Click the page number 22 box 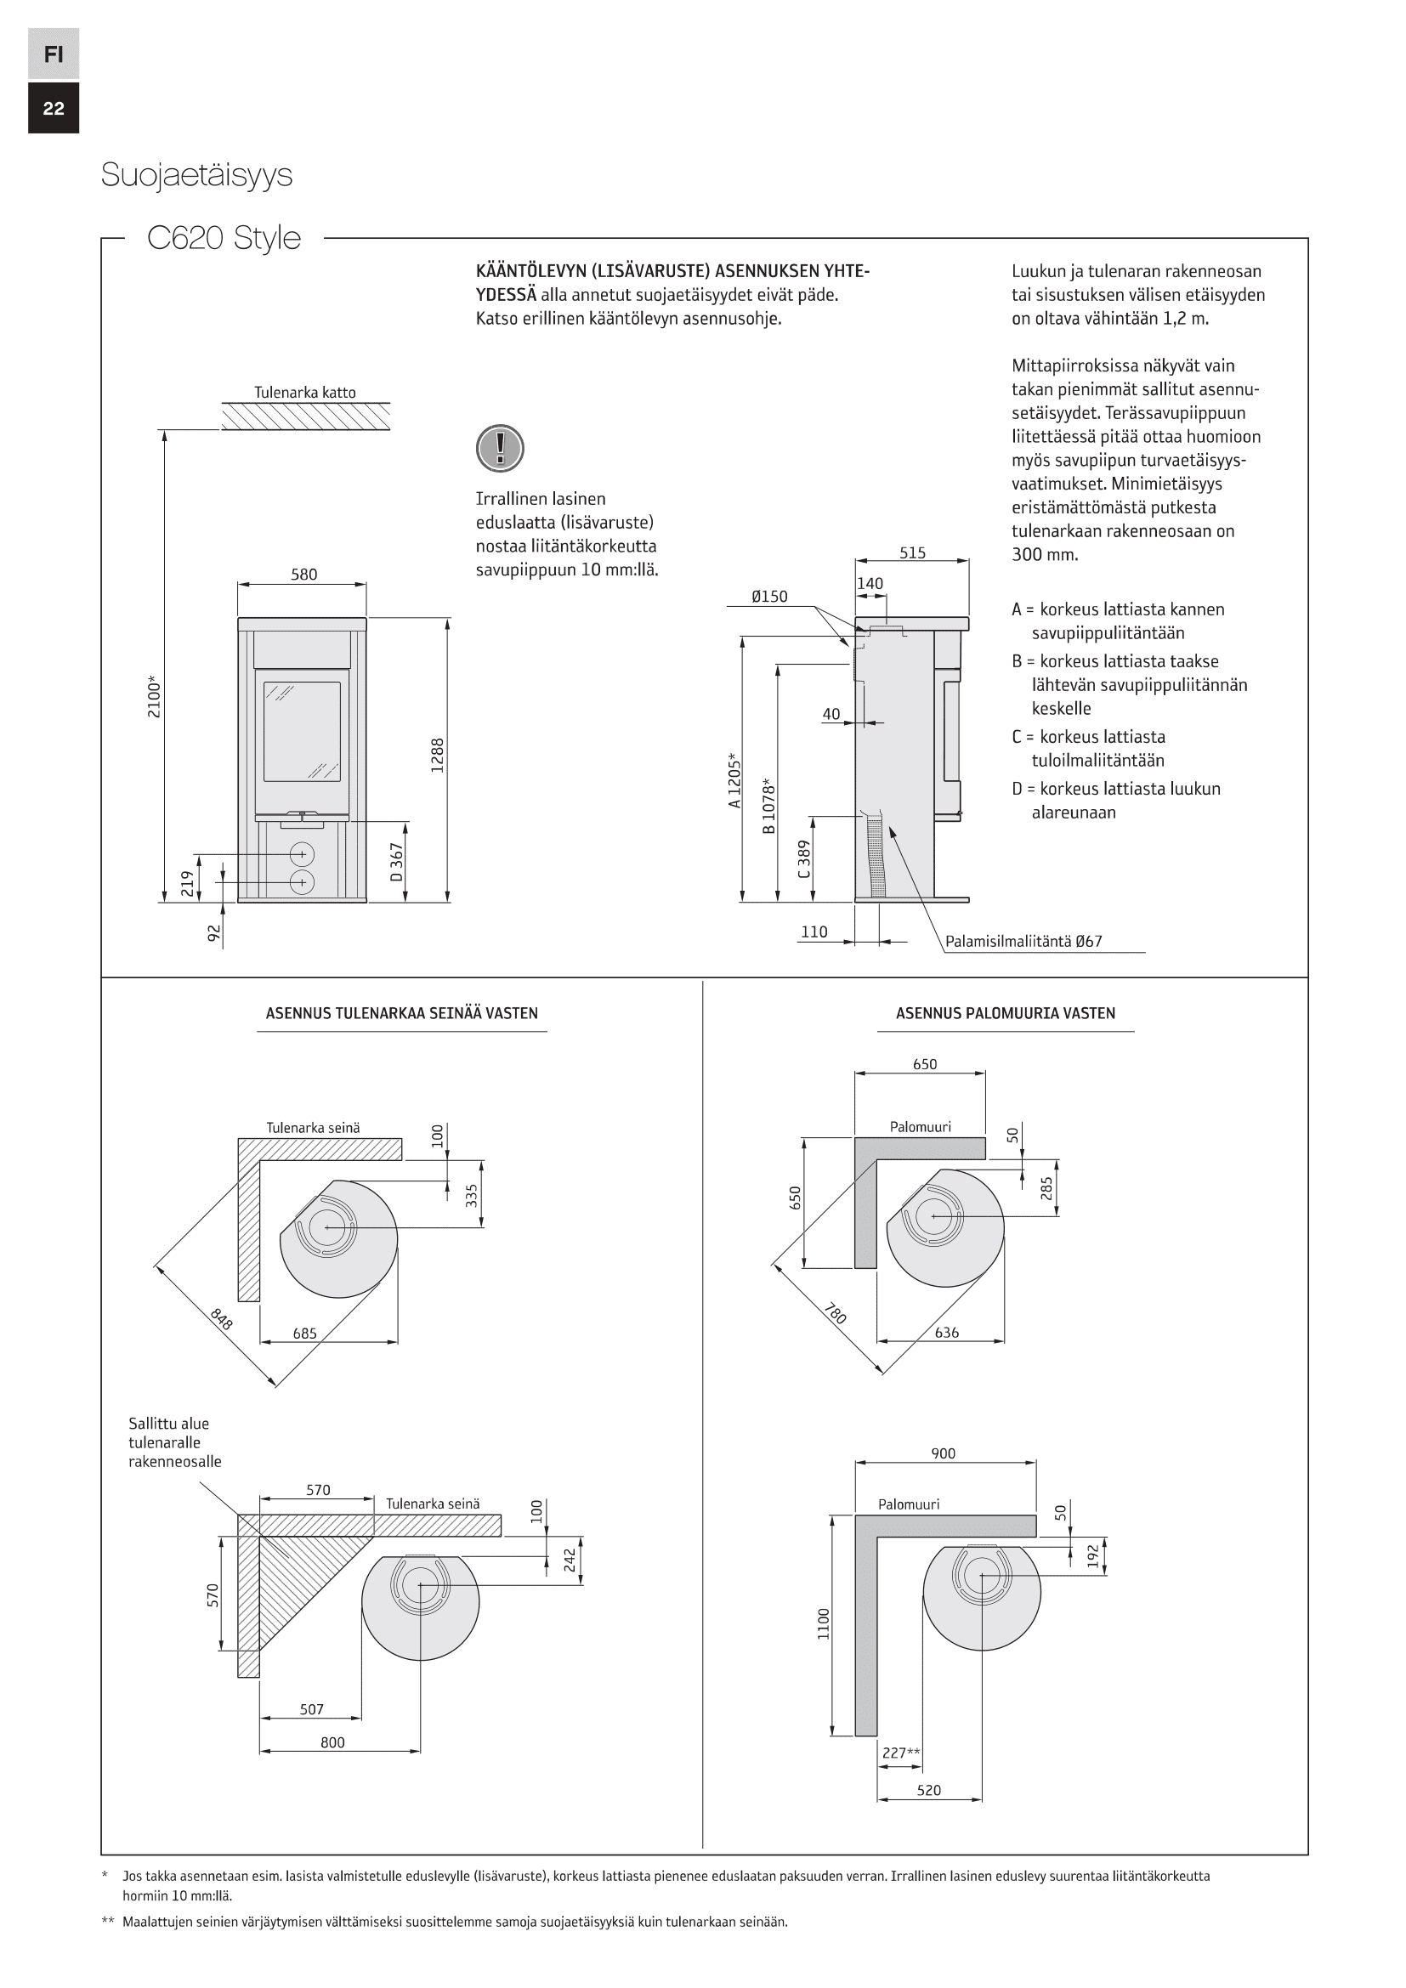pyautogui.click(x=54, y=108)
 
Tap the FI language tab pyautogui.click(x=54, y=54)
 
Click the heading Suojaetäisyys pyautogui.click(x=196, y=175)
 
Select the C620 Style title pyautogui.click(x=224, y=237)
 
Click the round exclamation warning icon pyautogui.click(x=500, y=449)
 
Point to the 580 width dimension pyautogui.click(x=303, y=574)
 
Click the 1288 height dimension pyautogui.click(x=437, y=755)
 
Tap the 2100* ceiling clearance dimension pyautogui.click(x=154, y=698)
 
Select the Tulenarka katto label pyautogui.click(x=305, y=392)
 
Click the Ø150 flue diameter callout pyautogui.click(x=769, y=597)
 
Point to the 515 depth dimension pyautogui.click(x=912, y=552)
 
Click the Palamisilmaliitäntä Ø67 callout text pyautogui.click(x=1023, y=941)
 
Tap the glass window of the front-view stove pyautogui.click(x=302, y=732)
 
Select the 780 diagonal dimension pyautogui.click(x=835, y=1314)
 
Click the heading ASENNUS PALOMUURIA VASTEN pyautogui.click(x=1005, y=1013)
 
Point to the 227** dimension pyautogui.click(x=900, y=1753)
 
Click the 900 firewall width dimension pyautogui.click(x=943, y=1453)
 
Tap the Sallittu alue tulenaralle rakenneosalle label pyautogui.click(x=174, y=1442)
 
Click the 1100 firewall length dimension pyautogui.click(x=824, y=1623)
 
